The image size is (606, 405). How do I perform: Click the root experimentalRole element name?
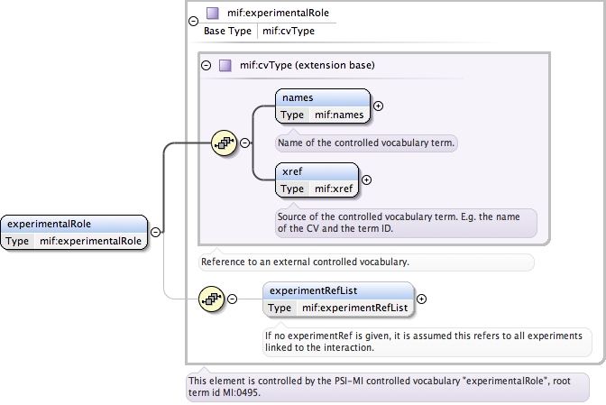click(x=50, y=225)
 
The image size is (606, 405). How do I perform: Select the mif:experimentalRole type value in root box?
click(x=90, y=241)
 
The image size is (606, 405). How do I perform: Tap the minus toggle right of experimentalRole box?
click(x=155, y=232)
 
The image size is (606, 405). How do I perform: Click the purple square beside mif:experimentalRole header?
click(x=212, y=14)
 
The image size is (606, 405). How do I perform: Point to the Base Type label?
click(x=227, y=31)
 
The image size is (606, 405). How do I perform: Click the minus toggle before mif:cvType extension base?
click(x=206, y=65)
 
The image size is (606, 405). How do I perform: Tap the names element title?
click(x=298, y=97)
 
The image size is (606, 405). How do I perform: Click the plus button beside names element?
click(x=378, y=106)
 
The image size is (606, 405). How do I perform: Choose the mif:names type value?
click(x=338, y=115)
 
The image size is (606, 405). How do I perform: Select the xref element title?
click(x=292, y=171)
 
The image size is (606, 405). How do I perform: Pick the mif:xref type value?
click(x=333, y=189)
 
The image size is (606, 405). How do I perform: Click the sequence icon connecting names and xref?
click(x=224, y=143)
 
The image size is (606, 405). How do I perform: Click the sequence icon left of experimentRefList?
click(x=212, y=299)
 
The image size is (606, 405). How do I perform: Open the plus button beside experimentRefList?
click(x=422, y=299)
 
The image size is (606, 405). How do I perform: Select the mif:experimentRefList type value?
click(x=354, y=308)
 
